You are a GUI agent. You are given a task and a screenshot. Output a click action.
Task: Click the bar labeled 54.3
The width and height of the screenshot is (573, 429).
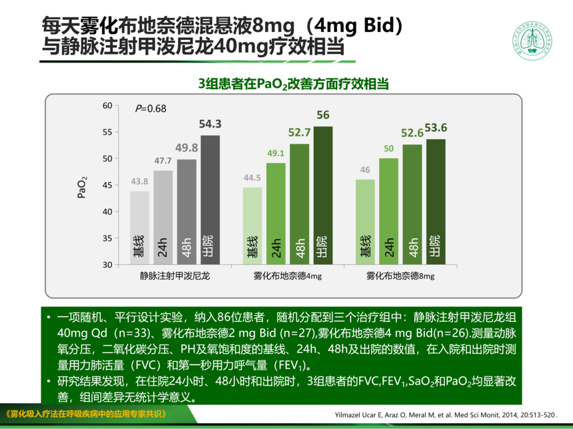click(211, 200)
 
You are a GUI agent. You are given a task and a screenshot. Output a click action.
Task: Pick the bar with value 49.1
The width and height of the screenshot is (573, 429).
click(277, 213)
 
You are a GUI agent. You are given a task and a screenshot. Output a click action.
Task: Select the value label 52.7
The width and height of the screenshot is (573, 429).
click(300, 132)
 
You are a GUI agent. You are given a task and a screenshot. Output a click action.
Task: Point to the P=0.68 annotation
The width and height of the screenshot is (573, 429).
click(151, 108)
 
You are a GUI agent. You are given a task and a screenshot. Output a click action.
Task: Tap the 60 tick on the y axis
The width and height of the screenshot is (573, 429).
click(107, 106)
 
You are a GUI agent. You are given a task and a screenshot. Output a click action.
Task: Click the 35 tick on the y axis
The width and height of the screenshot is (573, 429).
click(107, 238)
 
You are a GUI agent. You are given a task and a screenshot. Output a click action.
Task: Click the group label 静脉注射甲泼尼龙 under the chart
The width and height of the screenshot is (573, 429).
click(175, 275)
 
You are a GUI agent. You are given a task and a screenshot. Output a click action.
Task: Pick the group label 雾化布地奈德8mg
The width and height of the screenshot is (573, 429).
click(400, 275)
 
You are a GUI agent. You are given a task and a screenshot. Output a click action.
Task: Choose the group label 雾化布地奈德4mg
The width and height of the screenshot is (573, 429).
click(287, 275)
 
